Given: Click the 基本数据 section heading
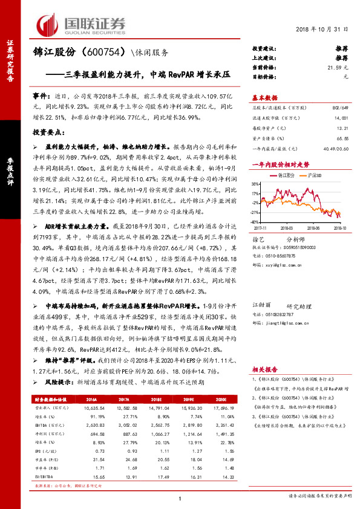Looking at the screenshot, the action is coord(264,97).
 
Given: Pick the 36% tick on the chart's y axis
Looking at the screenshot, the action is coord(256,184).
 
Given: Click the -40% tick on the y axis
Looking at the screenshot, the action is coord(255,222).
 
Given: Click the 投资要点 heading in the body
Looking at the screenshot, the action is coord(49,131).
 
